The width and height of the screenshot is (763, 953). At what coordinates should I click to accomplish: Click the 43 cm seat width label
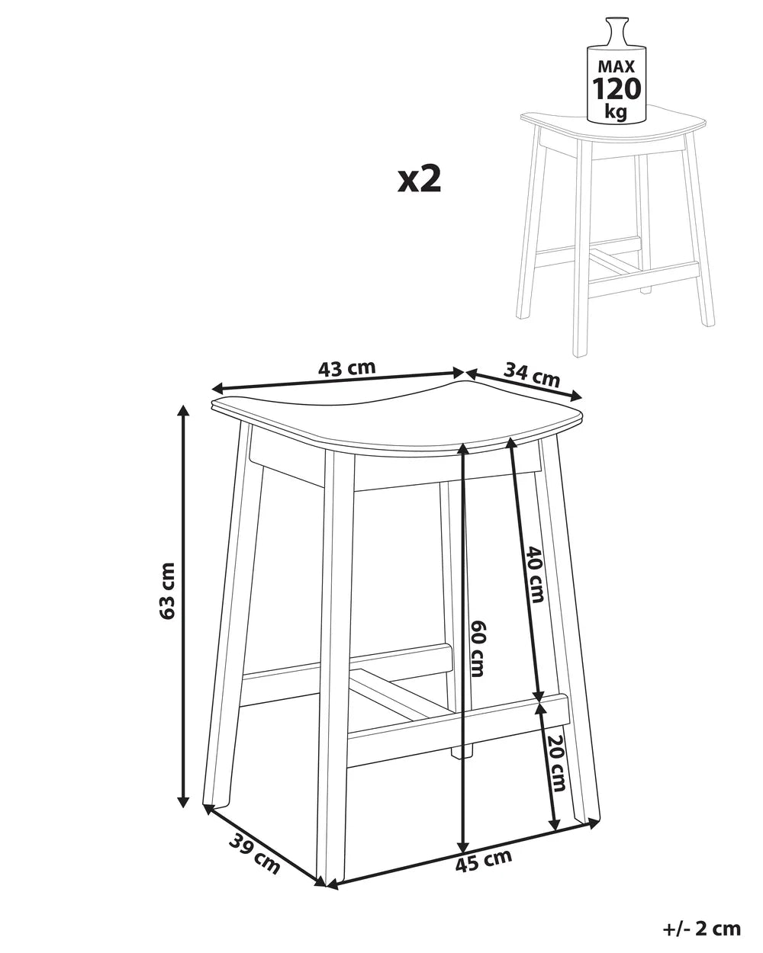point(347,367)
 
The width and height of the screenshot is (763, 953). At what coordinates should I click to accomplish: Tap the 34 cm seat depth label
point(532,374)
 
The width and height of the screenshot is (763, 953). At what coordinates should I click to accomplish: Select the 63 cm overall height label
point(168,590)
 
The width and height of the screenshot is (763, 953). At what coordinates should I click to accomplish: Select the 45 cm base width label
point(483,862)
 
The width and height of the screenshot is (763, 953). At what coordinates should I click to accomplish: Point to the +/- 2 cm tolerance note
point(702,928)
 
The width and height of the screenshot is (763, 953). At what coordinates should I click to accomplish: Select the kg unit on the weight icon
point(616,113)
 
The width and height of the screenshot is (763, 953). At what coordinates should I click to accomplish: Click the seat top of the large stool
point(397,416)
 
